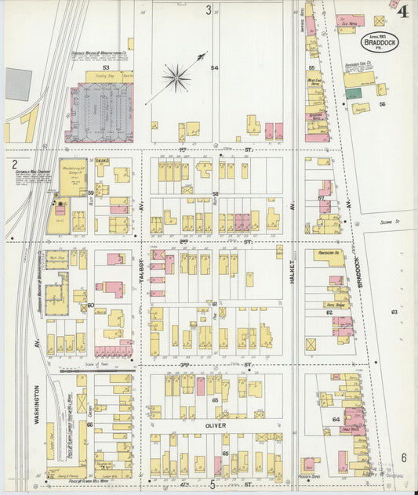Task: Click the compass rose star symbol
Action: point(176,77)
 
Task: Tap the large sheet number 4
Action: point(402,11)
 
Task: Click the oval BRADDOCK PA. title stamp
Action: point(380,42)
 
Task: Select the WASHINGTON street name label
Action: point(35,404)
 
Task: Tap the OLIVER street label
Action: point(216,426)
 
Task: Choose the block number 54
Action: point(213,68)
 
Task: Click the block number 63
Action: point(394,312)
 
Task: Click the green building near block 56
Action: point(354,92)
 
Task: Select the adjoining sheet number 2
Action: point(15,164)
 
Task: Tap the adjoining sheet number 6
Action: point(404,457)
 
